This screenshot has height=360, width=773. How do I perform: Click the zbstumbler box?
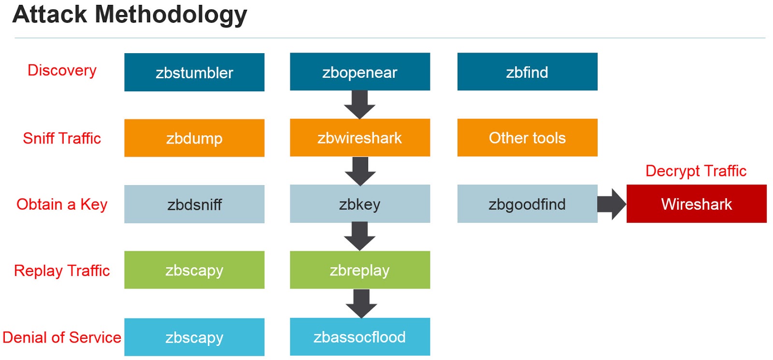pyautogui.click(x=194, y=72)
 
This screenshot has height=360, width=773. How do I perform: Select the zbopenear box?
pyautogui.click(x=360, y=72)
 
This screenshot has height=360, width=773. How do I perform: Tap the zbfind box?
pyautogui.click(x=527, y=72)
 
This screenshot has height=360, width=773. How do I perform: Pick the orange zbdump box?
pyautogui.click(x=194, y=138)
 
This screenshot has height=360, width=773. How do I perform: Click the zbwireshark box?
pyautogui.click(x=360, y=138)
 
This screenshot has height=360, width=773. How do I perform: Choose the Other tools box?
pyautogui.click(x=527, y=138)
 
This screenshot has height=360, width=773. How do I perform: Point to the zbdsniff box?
pyautogui.click(x=194, y=204)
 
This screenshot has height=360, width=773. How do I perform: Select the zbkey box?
pyautogui.click(x=360, y=204)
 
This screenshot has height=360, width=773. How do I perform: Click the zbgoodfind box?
pyautogui.click(x=527, y=204)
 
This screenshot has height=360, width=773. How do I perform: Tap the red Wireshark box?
pyautogui.click(x=696, y=204)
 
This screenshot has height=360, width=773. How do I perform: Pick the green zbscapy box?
pyautogui.click(x=194, y=270)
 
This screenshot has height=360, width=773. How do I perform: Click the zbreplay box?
pyautogui.click(x=360, y=270)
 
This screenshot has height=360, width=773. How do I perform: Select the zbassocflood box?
pyautogui.click(x=360, y=337)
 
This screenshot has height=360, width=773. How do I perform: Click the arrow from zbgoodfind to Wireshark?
pyautogui.click(x=612, y=204)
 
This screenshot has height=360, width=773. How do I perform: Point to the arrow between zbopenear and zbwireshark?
pyautogui.click(x=360, y=104)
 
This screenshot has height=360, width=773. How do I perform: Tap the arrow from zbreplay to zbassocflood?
pyautogui.click(x=361, y=303)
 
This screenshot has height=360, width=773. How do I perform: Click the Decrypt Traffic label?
pyautogui.click(x=696, y=171)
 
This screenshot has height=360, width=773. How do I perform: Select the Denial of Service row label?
pyautogui.click(x=62, y=337)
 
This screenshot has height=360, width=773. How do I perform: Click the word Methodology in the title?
pyautogui.click(x=171, y=14)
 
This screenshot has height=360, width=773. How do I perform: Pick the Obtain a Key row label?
pyautogui.click(x=62, y=204)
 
